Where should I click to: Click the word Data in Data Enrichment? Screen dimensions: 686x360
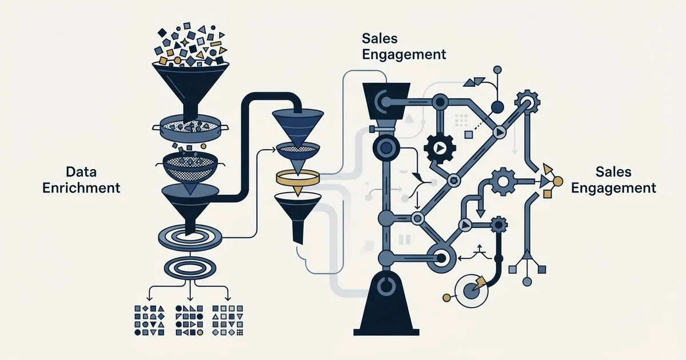pyautogui.click(x=81, y=172)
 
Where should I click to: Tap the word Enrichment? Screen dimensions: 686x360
pyautogui.click(x=81, y=188)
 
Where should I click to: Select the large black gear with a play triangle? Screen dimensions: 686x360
pyautogui.click(x=440, y=149)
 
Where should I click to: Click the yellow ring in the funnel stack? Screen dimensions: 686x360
pyautogui.click(x=298, y=177)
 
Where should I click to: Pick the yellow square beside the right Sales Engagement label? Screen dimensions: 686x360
pyautogui.click(x=548, y=194)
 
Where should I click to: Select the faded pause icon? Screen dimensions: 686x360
pyautogui.click(x=404, y=239)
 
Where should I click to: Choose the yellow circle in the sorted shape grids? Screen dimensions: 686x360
pyautogui.click(x=200, y=332)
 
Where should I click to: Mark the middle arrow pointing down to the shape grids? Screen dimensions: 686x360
pyautogui.click(x=190, y=291)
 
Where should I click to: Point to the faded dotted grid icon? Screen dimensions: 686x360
pyautogui.click(x=461, y=121)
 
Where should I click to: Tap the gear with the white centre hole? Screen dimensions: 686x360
pyautogui.click(x=502, y=182)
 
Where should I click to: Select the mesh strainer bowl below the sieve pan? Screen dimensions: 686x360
pyautogui.click(x=190, y=167)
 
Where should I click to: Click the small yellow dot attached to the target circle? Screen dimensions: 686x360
pyautogui.click(x=447, y=297)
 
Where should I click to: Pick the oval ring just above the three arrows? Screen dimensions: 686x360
pyautogui.click(x=190, y=268)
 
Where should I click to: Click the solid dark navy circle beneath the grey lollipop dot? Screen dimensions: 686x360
pyautogui.click(x=497, y=107)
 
